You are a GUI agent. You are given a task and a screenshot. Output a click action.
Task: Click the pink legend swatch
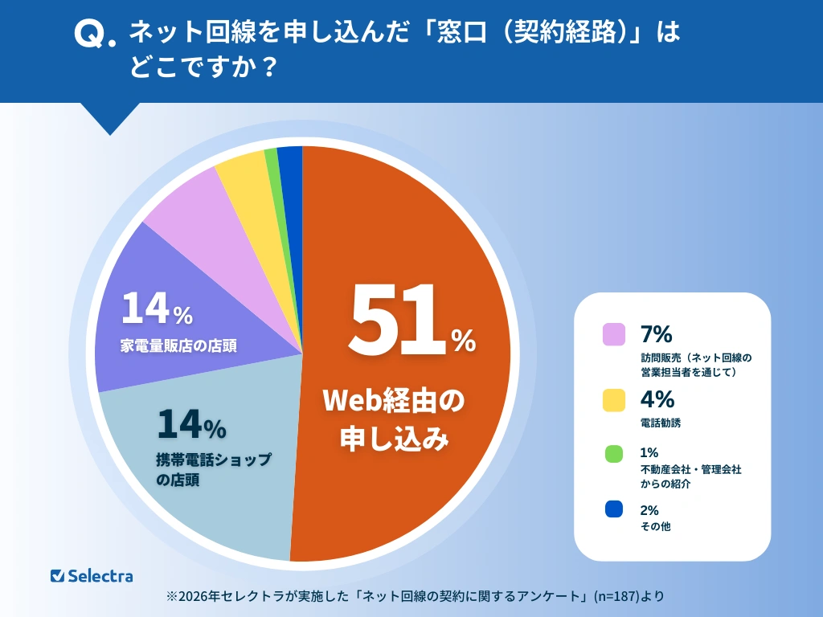point(614,333)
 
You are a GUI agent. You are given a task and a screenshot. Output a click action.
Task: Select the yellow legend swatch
point(614,399)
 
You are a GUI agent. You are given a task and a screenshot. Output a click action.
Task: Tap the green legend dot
point(614,453)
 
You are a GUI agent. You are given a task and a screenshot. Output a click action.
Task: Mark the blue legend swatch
point(614,509)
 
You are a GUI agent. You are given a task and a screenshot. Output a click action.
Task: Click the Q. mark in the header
point(89,35)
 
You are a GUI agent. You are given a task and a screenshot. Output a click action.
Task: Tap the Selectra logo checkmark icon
point(57,575)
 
